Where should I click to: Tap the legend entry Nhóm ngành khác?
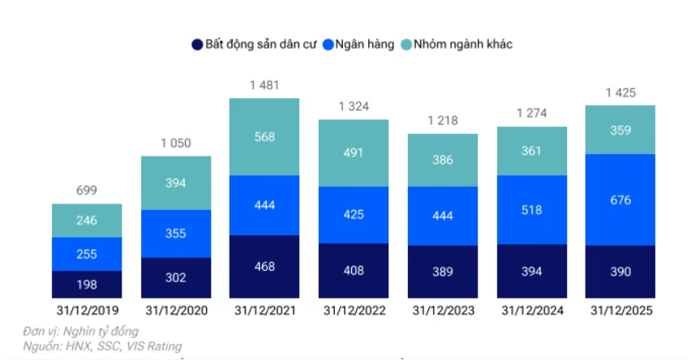pyautogui.click(x=463, y=45)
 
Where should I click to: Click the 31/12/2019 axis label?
pyautogui.click(x=87, y=311)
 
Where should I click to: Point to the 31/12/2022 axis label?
pyautogui.click(x=354, y=311)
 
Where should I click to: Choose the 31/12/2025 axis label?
pyautogui.click(x=620, y=311)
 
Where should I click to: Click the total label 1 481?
pyautogui.click(x=264, y=85)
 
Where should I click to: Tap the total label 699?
pyautogui.click(x=87, y=191)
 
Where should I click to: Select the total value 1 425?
pyautogui.click(x=620, y=92)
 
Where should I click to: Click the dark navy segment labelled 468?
pyautogui.click(x=264, y=267)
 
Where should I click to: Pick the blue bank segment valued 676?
pyautogui.click(x=620, y=199)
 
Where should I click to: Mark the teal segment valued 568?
pyautogui.click(x=264, y=137)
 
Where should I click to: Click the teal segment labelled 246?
pyautogui.click(x=87, y=221)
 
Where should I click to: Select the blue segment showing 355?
pyautogui.click(x=176, y=234)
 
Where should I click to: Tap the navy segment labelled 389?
pyautogui.click(x=443, y=272)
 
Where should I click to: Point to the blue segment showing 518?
pyautogui.click(x=531, y=210)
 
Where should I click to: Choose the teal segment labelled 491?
pyautogui.click(x=354, y=153)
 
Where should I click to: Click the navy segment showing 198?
pyautogui.click(x=87, y=284)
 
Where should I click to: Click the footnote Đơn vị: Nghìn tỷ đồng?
pyautogui.click(x=80, y=332)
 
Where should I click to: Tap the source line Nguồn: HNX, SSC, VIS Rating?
pyautogui.click(x=102, y=346)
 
